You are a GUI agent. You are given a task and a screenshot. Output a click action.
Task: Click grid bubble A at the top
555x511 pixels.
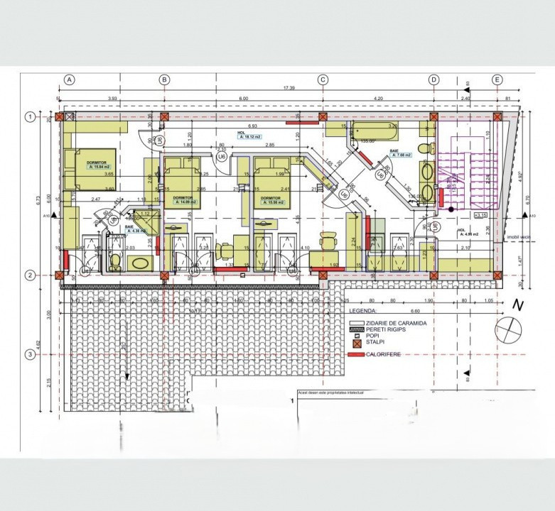point(70,80)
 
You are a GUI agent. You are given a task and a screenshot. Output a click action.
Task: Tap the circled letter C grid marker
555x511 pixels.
point(323,80)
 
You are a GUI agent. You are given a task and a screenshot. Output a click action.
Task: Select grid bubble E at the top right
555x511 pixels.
point(497,80)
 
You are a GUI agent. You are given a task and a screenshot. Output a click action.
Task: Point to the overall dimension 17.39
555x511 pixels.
point(288,88)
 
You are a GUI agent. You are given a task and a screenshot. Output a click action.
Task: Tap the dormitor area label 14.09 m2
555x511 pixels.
point(185,202)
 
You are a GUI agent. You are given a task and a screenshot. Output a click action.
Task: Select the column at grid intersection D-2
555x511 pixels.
point(433,275)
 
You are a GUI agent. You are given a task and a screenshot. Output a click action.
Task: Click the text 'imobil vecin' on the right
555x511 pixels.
point(519,238)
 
